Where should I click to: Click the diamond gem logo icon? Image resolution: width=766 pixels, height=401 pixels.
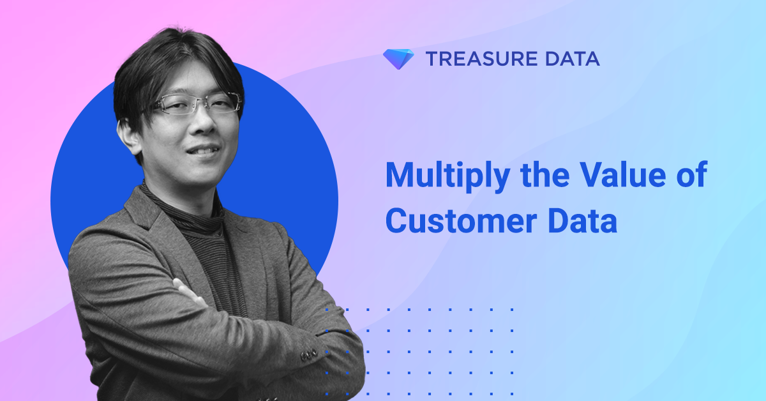[x=398, y=59]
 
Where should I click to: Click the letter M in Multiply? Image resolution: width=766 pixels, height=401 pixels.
[x=398, y=174]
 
